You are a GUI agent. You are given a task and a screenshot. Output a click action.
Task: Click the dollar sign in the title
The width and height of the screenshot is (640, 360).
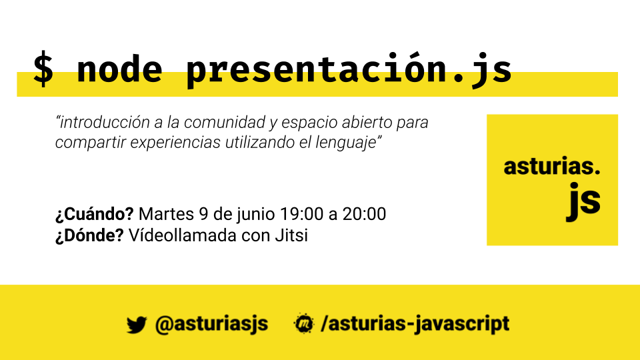point(44,69)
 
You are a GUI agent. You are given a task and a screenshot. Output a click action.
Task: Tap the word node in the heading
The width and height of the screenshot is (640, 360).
point(119,69)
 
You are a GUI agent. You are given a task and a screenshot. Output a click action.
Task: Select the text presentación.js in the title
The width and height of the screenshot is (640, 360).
point(348,70)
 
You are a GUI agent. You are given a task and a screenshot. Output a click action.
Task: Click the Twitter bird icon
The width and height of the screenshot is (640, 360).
point(136,325)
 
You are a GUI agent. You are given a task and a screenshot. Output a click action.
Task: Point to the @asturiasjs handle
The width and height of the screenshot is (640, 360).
point(211,325)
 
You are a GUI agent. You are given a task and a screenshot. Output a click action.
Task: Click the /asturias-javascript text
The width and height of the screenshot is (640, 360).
point(415,325)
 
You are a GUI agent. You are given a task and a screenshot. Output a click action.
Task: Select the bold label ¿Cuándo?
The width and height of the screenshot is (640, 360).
point(95,215)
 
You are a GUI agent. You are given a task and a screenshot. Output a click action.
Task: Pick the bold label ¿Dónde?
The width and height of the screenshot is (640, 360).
point(89,236)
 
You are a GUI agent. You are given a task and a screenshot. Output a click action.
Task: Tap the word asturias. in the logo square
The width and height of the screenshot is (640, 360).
point(552,167)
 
